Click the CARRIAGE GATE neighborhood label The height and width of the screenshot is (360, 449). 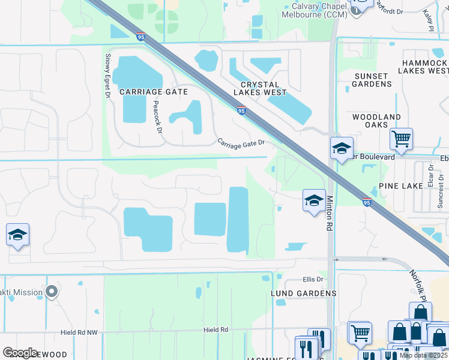coord(153,92)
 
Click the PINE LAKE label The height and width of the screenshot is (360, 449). coord(401,187)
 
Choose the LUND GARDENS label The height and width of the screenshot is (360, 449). coord(303,293)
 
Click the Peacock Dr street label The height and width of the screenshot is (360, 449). coord(157,116)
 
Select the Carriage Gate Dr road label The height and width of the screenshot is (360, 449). coord(241,143)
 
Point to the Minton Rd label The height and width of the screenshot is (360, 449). coord(330,214)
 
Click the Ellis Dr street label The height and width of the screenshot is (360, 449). coord(313,280)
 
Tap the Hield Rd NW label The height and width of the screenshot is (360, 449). coord(79,332)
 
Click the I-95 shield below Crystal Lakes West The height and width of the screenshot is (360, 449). coord(241,110)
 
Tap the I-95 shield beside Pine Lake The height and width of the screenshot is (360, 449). coord(366,202)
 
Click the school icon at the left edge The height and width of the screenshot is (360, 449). coord(17,235)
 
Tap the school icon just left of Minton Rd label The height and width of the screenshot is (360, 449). coord(314,202)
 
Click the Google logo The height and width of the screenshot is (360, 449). coord(21,353)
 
